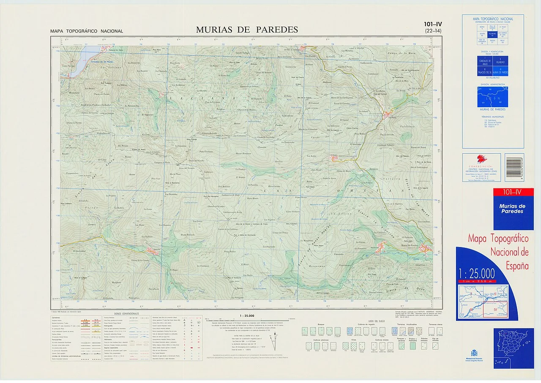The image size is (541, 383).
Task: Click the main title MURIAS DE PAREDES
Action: click(x=247, y=30)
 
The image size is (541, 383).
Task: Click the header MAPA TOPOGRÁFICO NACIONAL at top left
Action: click(x=86, y=31)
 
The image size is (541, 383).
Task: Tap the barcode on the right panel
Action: click(x=514, y=168)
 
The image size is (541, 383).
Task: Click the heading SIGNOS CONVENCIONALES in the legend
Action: click(x=126, y=314)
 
